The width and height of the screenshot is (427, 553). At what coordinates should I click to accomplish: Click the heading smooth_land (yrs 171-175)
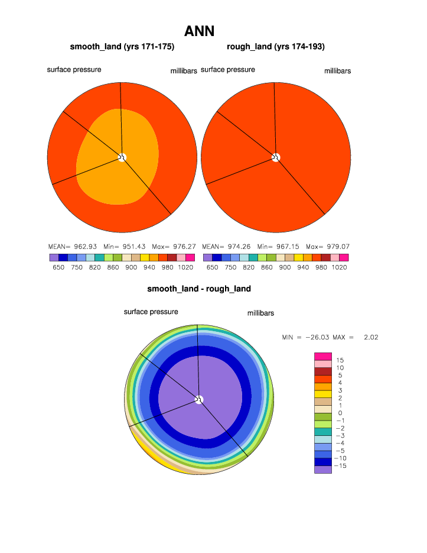pyautogui.click(x=122, y=47)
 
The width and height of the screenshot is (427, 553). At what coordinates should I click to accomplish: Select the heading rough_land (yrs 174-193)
pyautogui.click(x=276, y=47)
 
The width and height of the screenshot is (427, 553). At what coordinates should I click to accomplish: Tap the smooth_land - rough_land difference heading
pyautogui.click(x=199, y=289)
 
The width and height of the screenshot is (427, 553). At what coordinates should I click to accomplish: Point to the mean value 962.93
pyautogui.click(x=84, y=246)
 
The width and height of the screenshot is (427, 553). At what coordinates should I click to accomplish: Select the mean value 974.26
pyautogui.click(x=239, y=246)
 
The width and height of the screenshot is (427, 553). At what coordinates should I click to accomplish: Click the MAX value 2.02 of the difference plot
pyautogui.click(x=371, y=337)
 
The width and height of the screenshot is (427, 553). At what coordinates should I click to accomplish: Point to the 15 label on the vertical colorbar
pyautogui.click(x=340, y=360)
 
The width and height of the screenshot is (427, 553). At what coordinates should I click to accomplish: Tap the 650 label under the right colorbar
pyautogui.click(x=213, y=267)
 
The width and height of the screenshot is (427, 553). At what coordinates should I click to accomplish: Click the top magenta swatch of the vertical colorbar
pyautogui.click(x=323, y=356)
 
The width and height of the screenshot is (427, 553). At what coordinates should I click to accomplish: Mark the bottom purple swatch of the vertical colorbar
pyautogui.click(x=323, y=470)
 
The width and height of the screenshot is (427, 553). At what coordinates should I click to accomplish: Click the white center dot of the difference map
pyautogui.click(x=199, y=400)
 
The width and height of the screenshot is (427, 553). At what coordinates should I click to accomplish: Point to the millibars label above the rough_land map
pyautogui.click(x=338, y=71)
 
